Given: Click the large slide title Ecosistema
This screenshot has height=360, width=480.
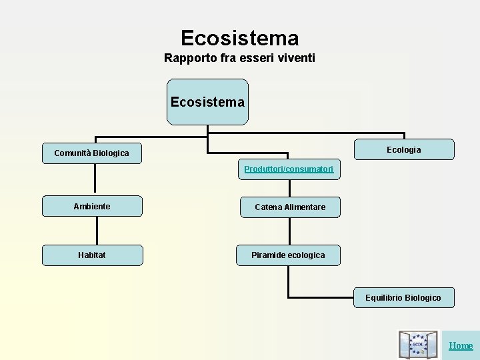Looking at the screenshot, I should click(x=239, y=37).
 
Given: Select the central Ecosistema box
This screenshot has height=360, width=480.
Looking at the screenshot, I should click(x=207, y=102).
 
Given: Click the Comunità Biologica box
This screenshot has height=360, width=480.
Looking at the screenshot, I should click(x=92, y=153).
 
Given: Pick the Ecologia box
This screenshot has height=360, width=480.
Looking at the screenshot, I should click(x=404, y=149).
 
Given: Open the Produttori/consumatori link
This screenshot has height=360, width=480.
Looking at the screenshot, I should click(x=288, y=169).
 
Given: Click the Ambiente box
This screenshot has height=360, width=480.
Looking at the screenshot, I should click(x=92, y=207).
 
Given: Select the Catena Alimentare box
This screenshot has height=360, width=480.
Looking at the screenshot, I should click(x=290, y=207).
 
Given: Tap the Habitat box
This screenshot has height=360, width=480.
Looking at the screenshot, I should click(x=92, y=255).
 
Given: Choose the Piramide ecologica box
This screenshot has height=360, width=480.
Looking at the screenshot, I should click(x=288, y=255).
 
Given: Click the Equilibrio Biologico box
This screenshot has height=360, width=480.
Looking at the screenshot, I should click(x=403, y=297).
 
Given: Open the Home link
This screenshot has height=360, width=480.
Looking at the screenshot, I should click(x=461, y=345).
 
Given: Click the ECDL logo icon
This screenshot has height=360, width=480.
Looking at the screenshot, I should click(x=418, y=345).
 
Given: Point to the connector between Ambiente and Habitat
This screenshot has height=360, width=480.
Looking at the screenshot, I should click(x=97, y=231).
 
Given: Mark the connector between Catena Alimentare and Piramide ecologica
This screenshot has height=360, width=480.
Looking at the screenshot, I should click(x=289, y=231).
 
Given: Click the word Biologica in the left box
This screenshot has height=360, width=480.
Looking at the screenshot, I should click(x=111, y=153).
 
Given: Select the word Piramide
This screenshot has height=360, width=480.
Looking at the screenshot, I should click(x=268, y=255).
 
